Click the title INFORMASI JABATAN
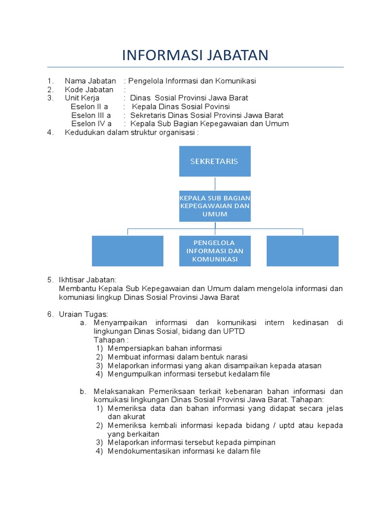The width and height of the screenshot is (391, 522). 195,55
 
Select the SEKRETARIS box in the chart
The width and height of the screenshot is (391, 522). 214,161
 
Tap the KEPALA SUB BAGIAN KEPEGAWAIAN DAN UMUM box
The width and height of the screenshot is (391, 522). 214,206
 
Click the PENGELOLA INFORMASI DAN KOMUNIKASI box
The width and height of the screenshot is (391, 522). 214,251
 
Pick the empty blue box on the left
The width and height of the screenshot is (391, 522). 127,251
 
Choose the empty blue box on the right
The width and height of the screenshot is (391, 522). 302,251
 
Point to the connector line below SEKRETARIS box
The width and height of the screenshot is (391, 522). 215,184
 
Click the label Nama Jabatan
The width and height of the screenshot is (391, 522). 90,81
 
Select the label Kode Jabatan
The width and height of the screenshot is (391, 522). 89,89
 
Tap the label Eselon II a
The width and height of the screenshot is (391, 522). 89,107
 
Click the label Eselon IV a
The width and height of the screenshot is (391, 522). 91,123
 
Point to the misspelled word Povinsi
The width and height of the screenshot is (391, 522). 216,107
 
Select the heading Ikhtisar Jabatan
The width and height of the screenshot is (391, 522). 88,279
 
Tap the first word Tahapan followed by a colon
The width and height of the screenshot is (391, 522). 110,340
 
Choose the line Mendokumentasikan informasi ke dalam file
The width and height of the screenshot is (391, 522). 184,451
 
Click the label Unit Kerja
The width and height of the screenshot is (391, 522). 82,98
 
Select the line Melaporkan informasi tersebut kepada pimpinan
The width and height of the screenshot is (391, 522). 191,442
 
